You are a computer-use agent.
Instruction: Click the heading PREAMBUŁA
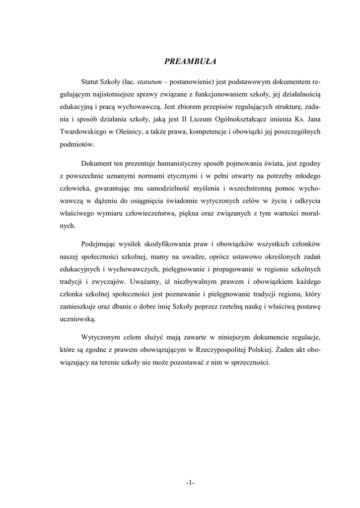coord(191,62)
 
